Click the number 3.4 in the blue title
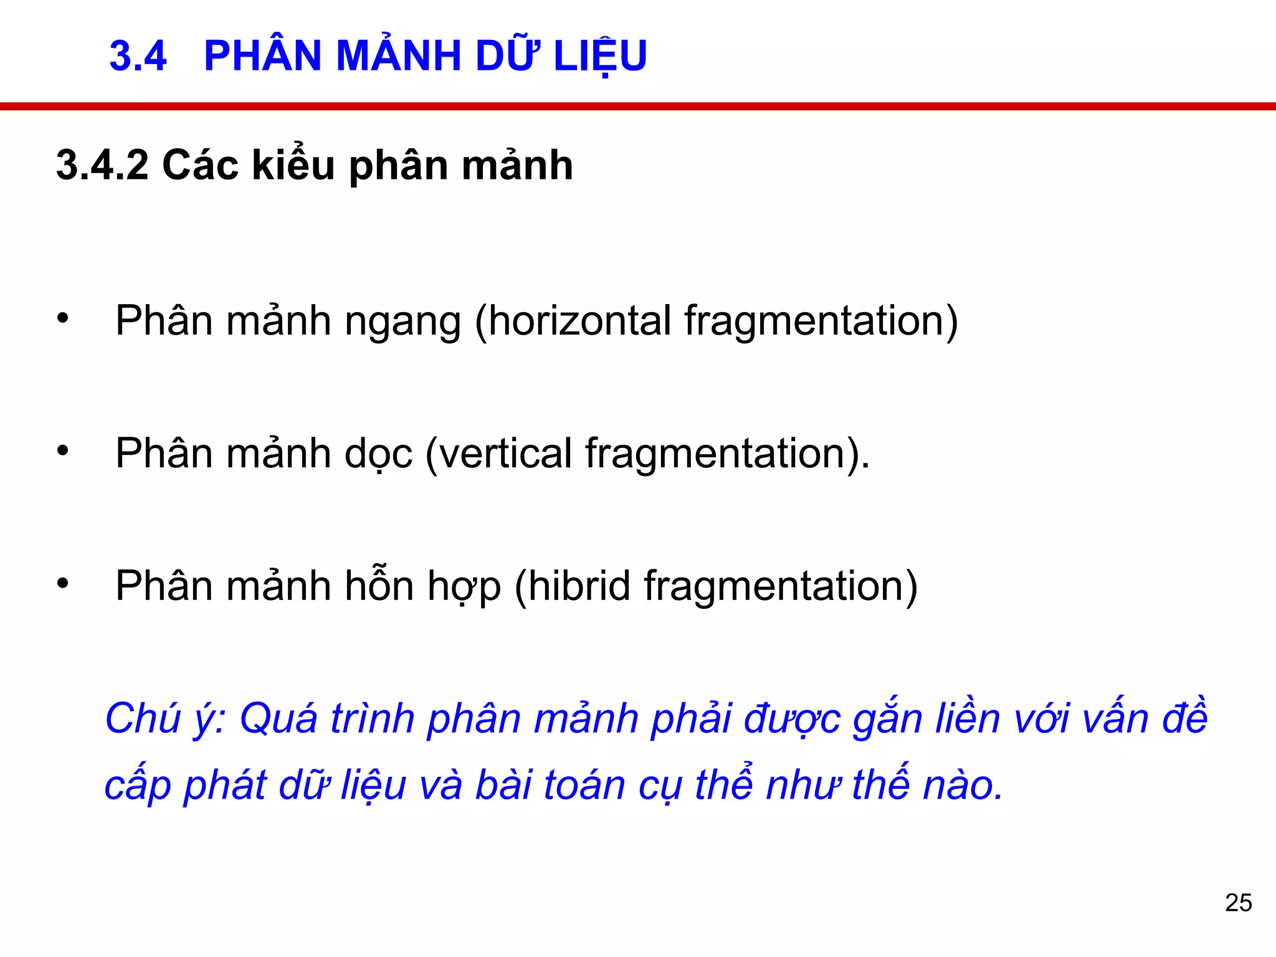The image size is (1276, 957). [x=138, y=56]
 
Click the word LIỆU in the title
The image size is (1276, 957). [x=600, y=56]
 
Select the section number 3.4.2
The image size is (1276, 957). [x=102, y=166]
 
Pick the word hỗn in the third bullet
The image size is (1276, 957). [x=379, y=586]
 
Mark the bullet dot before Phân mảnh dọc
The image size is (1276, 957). [x=62, y=450]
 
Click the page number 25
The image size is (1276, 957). [x=1238, y=903]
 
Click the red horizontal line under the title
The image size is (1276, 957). [x=638, y=107]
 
